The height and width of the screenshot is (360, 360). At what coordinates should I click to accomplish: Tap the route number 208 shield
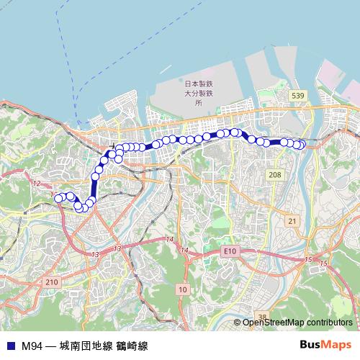pyautogui.click(x=274, y=175)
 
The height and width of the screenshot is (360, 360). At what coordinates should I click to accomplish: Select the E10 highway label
pyautogui.click(x=230, y=250)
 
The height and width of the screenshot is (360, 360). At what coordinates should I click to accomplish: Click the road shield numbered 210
pyautogui.click(x=51, y=282)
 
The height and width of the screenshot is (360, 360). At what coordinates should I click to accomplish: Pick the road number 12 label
pyautogui.click(x=36, y=184)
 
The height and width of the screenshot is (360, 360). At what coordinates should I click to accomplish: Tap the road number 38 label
pyautogui.click(x=262, y=318)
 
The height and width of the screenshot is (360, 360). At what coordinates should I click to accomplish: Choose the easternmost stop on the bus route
pyautogui.click(x=302, y=145)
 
